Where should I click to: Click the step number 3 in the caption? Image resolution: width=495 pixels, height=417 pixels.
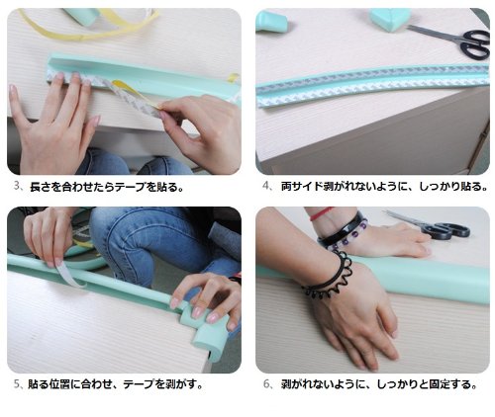(x=17, y=186)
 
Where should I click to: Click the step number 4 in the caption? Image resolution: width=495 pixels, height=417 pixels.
(x=265, y=186)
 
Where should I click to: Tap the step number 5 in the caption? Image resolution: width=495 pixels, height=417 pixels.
(x=17, y=384)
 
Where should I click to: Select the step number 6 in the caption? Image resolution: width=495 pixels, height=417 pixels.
(x=266, y=384)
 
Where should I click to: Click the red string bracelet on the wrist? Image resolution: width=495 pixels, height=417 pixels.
(x=321, y=213)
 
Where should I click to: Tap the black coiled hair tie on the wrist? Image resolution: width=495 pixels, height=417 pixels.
(x=330, y=280)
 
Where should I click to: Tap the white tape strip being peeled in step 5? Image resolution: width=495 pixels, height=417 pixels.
(x=70, y=275)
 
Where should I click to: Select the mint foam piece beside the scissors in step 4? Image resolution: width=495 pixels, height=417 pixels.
(x=390, y=19)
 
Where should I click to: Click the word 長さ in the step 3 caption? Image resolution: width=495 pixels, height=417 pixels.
(x=41, y=187)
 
